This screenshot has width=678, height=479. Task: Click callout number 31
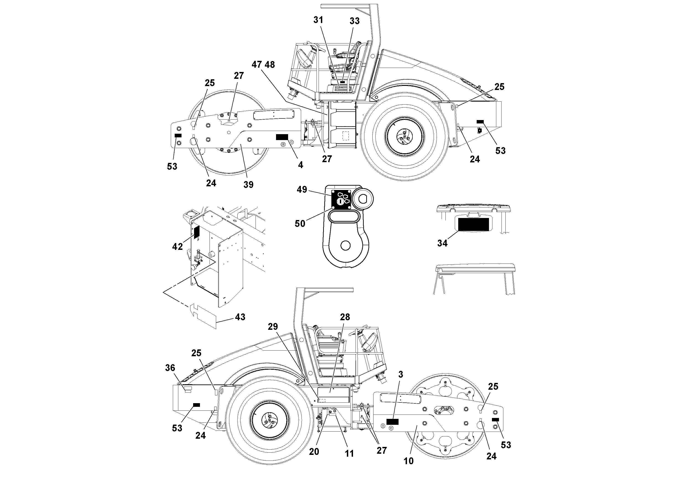pos(318,20)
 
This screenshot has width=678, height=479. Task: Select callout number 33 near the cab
pos(354,21)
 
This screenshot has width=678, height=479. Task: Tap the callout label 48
pos(270,65)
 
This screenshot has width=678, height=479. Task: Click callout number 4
pos(300,165)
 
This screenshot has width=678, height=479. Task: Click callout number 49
pos(302,190)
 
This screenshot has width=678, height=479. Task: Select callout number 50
pos(300,223)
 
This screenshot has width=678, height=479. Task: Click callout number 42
pos(177,246)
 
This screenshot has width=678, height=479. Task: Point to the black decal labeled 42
pos(196,232)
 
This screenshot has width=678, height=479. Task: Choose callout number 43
pos(240,317)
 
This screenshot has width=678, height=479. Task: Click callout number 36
pos(170,368)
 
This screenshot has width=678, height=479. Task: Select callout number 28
pos(345,317)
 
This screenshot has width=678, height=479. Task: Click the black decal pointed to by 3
pos(392,422)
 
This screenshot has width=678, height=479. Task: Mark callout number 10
pos(408,461)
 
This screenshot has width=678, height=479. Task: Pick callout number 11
pos(349,453)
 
